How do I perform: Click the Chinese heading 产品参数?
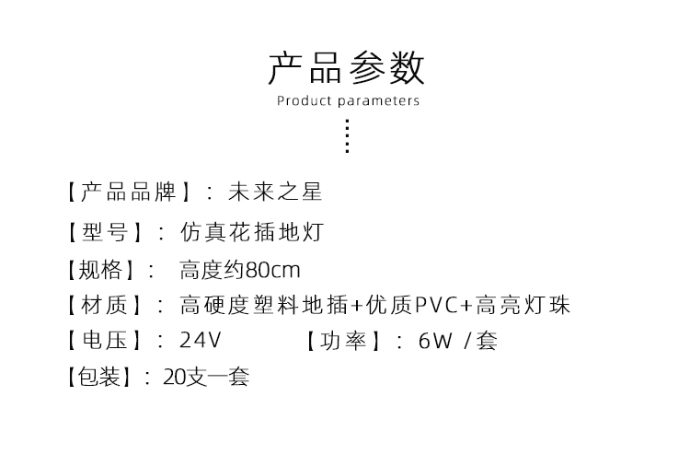(x=346, y=68)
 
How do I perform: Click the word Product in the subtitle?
(x=304, y=101)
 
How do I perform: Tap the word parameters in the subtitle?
(x=379, y=101)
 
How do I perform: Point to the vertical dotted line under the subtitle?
(x=348, y=135)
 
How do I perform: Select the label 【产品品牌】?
(x=129, y=192)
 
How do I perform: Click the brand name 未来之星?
(x=275, y=192)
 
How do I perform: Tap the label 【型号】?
(x=105, y=232)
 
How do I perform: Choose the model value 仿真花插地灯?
(x=252, y=232)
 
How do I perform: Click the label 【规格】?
(x=101, y=270)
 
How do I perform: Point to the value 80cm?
(x=272, y=270)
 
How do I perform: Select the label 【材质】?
(x=105, y=305)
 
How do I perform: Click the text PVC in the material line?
(x=437, y=305)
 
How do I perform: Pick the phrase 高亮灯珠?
(x=523, y=305)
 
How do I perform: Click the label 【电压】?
(x=105, y=341)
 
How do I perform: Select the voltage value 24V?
(x=201, y=341)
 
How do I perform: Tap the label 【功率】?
(x=343, y=341)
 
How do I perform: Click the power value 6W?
(x=435, y=341)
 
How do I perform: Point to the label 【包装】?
(x=100, y=377)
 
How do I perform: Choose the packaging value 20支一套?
(x=206, y=377)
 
